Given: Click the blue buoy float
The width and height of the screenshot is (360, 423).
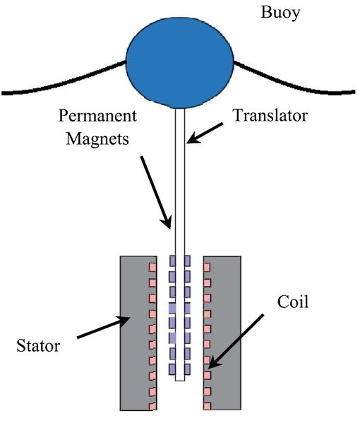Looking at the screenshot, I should pos(180,64).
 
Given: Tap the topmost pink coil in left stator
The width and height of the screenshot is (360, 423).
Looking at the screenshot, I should pos(151,267).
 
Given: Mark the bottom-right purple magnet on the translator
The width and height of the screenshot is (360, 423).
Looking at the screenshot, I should pos(187,369).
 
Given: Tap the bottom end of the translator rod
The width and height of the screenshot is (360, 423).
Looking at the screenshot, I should pos(180,379).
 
